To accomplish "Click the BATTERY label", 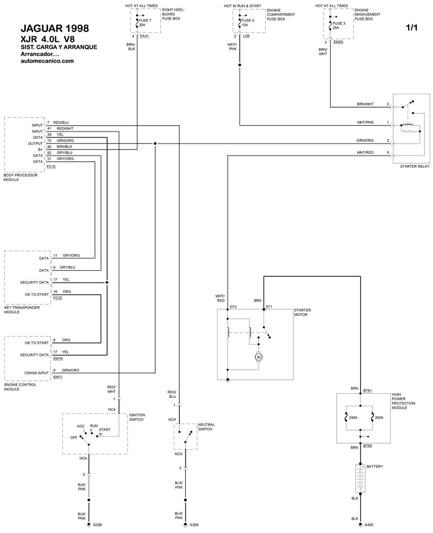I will coord(376,466).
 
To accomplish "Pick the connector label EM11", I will coord(58,377).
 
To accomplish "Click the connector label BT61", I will coord(368,389).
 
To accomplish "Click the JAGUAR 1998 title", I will coord(53,28).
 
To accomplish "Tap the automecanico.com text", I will coord(47,61).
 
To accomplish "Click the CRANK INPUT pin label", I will coord(37,373).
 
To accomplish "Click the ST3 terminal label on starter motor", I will coord(233,307).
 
